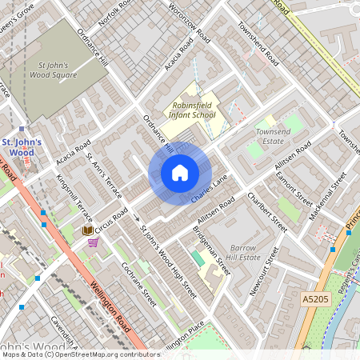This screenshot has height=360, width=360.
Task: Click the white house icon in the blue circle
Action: click(180, 173)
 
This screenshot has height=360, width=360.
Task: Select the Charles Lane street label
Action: click(210, 189)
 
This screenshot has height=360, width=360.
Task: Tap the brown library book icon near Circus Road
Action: click(87, 230)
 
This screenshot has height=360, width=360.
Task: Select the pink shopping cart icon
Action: click(94, 242)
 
